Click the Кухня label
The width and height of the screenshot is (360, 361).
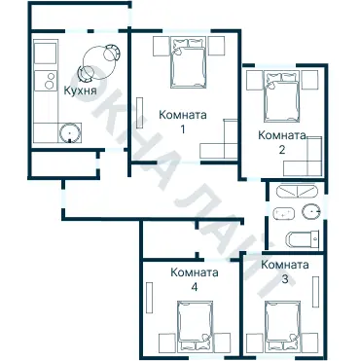click(80, 90)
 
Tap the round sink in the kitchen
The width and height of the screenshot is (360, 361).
click(69, 132)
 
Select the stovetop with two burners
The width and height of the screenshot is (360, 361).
click(46, 81)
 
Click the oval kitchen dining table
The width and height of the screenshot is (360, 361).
click(99, 63)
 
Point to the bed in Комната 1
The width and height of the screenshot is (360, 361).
click(189, 62)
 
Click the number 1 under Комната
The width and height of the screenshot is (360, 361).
click(183, 129)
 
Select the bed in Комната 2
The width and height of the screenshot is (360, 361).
click(282, 96)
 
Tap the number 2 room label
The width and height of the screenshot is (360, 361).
click(282, 150)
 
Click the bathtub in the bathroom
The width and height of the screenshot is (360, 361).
click(296, 191)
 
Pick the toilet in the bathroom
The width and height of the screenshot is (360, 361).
click(303, 239)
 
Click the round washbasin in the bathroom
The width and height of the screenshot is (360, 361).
click(311, 211)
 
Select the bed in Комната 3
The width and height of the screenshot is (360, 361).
click(282, 327)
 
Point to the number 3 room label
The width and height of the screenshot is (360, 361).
click(285, 279)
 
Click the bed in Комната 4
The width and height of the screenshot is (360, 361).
click(195, 327)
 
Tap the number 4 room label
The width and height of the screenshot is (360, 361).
click(195, 287)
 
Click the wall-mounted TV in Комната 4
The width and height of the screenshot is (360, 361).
click(149, 298)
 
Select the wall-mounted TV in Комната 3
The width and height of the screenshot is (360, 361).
click(315, 292)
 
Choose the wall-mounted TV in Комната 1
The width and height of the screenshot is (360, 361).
click(140, 113)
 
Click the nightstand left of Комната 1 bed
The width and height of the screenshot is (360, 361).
click(162, 46)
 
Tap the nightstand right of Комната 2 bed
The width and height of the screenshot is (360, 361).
click(309, 80)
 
